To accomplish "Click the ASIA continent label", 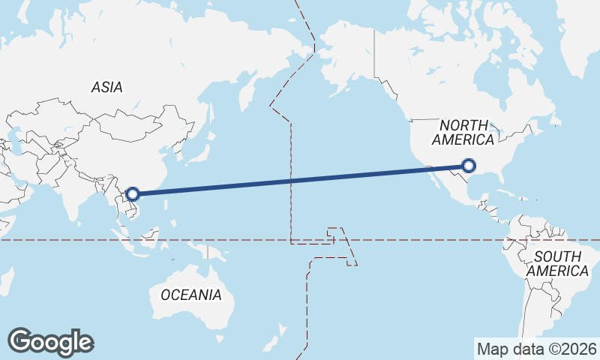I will click(107, 88).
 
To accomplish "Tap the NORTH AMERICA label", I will click(463, 133).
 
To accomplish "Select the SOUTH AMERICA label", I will click(557, 264).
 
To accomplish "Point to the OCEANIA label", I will click(191, 295).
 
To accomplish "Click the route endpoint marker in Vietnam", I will click(133, 194).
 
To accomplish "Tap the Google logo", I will click(50, 342).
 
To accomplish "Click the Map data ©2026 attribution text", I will click(537, 349).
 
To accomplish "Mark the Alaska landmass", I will click(341, 60).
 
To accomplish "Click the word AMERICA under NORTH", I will click(463, 140).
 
